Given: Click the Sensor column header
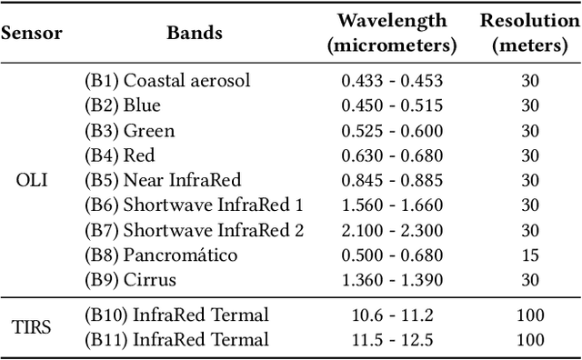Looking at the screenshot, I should coord(31,34).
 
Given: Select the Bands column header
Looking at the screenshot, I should coord(195,34).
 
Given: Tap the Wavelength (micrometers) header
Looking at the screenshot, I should coord(392,33).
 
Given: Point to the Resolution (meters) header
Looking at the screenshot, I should coord(530,33).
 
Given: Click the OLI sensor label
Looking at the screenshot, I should coord(32,180).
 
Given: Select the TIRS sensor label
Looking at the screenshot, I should coord(32,328).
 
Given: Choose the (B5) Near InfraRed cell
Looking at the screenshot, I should coord(156,180).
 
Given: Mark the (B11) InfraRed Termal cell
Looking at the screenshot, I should coord(177,341).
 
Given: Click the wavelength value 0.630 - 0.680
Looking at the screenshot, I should coord(392,155).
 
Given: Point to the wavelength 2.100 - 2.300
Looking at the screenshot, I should coord(392,230).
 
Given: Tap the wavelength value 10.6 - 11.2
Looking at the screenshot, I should coord(392,315).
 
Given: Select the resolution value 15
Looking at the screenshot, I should coord(530,255).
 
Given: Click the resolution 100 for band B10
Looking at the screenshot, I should coord(530,315).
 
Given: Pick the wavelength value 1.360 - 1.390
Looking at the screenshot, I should coord(392,279).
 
